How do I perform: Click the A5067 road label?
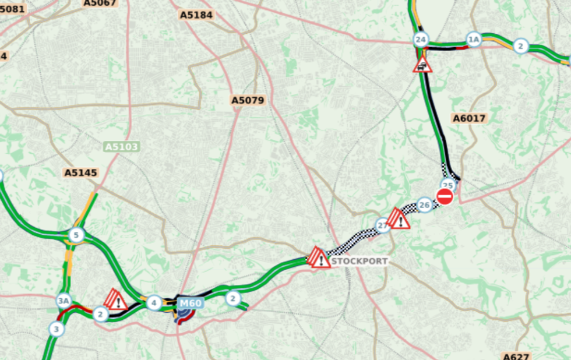(x=100, y=3)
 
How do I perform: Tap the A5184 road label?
(x=196, y=15)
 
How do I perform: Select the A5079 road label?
(x=248, y=100)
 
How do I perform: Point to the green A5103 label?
(x=122, y=147)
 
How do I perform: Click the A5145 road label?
(x=81, y=172)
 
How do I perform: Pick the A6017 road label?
(x=469, y=118)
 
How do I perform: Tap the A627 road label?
(x=516, y=356)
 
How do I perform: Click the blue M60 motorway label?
(x=191, y=303)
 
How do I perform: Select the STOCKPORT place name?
(x=359, y=261)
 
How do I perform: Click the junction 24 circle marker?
(x=421, y=40)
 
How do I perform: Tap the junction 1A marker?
(x=474, y=40)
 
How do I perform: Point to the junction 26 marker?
(x=425, y=205)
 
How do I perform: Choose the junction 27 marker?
(x=382, y=225)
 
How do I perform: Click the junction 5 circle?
(x=76, y=235)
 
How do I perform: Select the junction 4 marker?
(x=154, y=303)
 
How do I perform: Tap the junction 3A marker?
(x=63, y=301)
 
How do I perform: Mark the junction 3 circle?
(x=56, y=329)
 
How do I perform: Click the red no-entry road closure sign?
(x=445, y=196)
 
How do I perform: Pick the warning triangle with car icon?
(x=422, y=65)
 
